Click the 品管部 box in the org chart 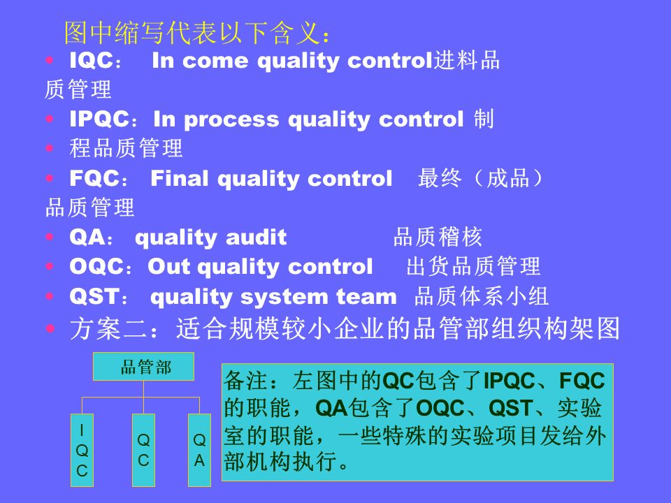[145, 367]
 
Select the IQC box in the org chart [82, 451]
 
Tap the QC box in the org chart [143, 451]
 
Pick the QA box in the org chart [199, 451]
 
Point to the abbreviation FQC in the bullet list [94, 179]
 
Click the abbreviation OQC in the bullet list [96, 266]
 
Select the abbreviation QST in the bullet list [94, 297]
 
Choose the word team [366, 297]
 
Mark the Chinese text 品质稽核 [438, 238]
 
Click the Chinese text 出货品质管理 [473, 266]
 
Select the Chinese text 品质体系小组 [482, 297]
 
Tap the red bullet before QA [48, 238]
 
